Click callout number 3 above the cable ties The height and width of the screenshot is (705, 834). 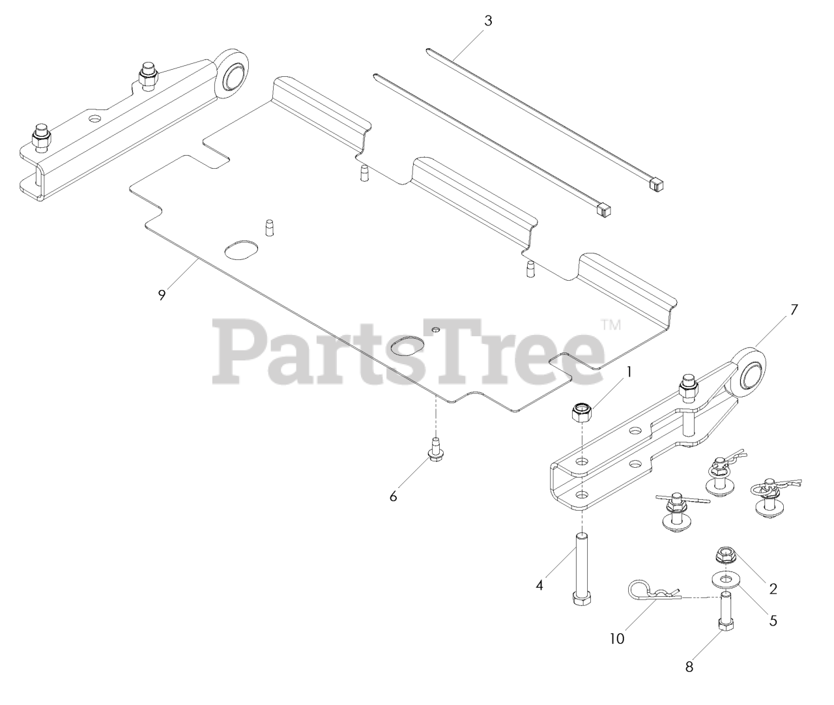tap(488, 20)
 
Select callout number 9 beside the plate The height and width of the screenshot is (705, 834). tap(162, 295)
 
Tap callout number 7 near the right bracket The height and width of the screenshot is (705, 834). tap(794, 310)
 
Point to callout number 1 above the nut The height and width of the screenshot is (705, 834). tap(629, 371)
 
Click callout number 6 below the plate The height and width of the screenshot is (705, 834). tap(393, 496)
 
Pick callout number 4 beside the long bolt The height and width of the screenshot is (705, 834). tap(539, 585)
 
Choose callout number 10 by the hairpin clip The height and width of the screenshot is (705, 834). tap(616, 639)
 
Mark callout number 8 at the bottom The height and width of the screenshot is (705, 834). tap(689, 667)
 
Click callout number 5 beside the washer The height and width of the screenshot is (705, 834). tap(773, 620)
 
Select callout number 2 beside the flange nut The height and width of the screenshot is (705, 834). tap(773, 588)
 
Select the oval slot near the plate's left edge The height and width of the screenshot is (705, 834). tap(240, 249)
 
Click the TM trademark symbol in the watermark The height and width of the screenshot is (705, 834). tap(611, 324)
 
